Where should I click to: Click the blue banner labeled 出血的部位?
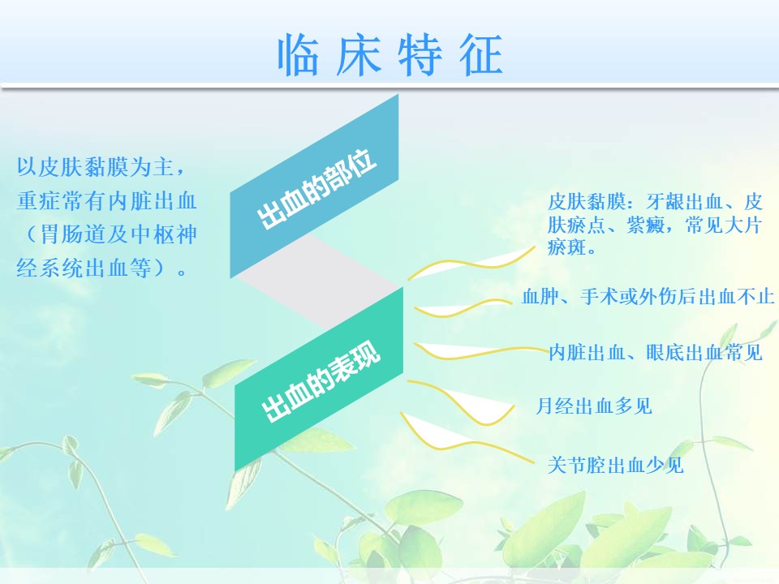pyautogui.click(x=314, y=187)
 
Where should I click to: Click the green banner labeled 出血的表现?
pyautogui.click(x=318, y=380)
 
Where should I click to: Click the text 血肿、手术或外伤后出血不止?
pyautogui.click(x=648, y=297)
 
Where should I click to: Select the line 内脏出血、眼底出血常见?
pyautogui.click(x=656, y=353)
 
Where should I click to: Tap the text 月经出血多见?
pyautogui.click(x=594, y=406)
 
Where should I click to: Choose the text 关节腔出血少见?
pyautogui.click(x=616, y=466)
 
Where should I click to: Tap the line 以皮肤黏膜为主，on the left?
pyautogui.click(x=102, y=167)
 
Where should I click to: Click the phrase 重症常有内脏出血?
pyautogui.click(x=107, y=201)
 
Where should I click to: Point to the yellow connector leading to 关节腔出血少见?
pyautogui.click(x=467, y=437)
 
